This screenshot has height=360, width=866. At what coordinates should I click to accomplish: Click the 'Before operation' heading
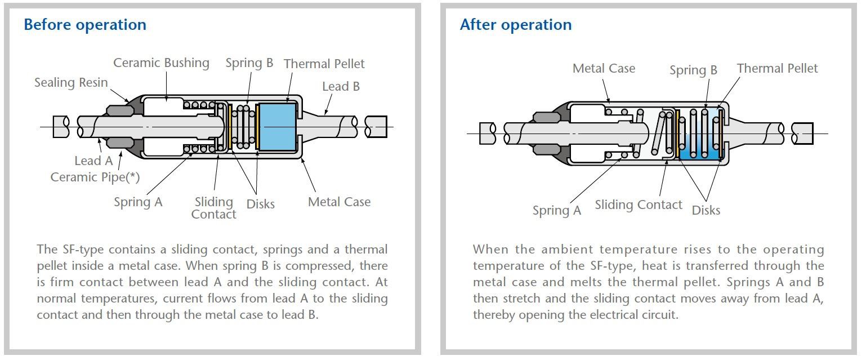(x=85, y=25)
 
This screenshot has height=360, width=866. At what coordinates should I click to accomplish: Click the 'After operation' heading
(x=515, y=25)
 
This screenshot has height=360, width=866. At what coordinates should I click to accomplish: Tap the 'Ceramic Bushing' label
(x=161, y=63)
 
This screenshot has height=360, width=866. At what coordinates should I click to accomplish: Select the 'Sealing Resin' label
(x=71, y=83)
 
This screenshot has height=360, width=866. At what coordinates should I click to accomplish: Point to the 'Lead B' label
(x=341, y=87)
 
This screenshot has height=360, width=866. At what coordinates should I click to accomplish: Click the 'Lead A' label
(x=93, y=161)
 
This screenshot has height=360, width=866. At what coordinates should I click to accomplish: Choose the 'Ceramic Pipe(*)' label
(x=95, y=177)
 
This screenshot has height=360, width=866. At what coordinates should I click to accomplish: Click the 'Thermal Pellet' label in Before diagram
(x=324, y=64)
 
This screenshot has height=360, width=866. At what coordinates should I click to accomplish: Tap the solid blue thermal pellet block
(x=276, y=127)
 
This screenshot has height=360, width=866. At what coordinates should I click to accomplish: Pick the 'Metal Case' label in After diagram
(x=604, y=69)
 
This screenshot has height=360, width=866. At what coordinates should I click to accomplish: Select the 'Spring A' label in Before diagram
(x=138, y=202)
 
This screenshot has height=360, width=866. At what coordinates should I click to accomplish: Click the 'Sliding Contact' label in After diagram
(x=639, y=205)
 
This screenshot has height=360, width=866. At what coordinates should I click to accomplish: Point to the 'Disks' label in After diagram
(x=706, y=210)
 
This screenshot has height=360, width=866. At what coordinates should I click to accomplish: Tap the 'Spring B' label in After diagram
(x=693, y=70)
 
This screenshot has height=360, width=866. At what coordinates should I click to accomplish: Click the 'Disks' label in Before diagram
(x=261, y=204)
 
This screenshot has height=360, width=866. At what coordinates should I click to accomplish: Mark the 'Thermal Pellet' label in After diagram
(x=777, y=69)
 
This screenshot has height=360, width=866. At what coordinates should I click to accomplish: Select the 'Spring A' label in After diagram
(x=557, y=211)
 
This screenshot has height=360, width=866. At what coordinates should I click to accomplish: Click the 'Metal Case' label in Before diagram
(x=339, y=202)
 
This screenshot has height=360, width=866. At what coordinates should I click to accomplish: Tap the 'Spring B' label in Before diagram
(x=249, y=63)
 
